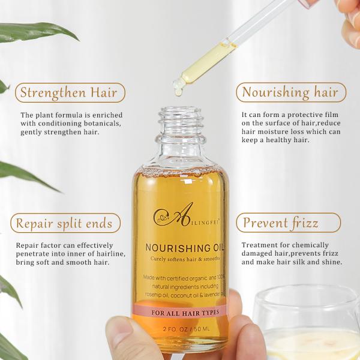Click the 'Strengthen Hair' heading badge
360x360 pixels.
tap(68, 92)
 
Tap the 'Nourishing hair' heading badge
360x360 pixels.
tap(290, 92)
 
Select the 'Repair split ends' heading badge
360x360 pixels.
tap(65, 224)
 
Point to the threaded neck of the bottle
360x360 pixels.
tap(181, 120)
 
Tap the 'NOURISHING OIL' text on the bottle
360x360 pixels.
tap(181, 247)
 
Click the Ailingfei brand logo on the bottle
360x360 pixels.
tap(180, 214)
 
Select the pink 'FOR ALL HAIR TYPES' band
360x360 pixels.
tap(181, 313)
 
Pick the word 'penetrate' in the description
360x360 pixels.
tap(37, 254)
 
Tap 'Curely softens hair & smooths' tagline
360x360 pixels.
tap(181, 259)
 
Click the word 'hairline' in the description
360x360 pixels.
tap(108, 254)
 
